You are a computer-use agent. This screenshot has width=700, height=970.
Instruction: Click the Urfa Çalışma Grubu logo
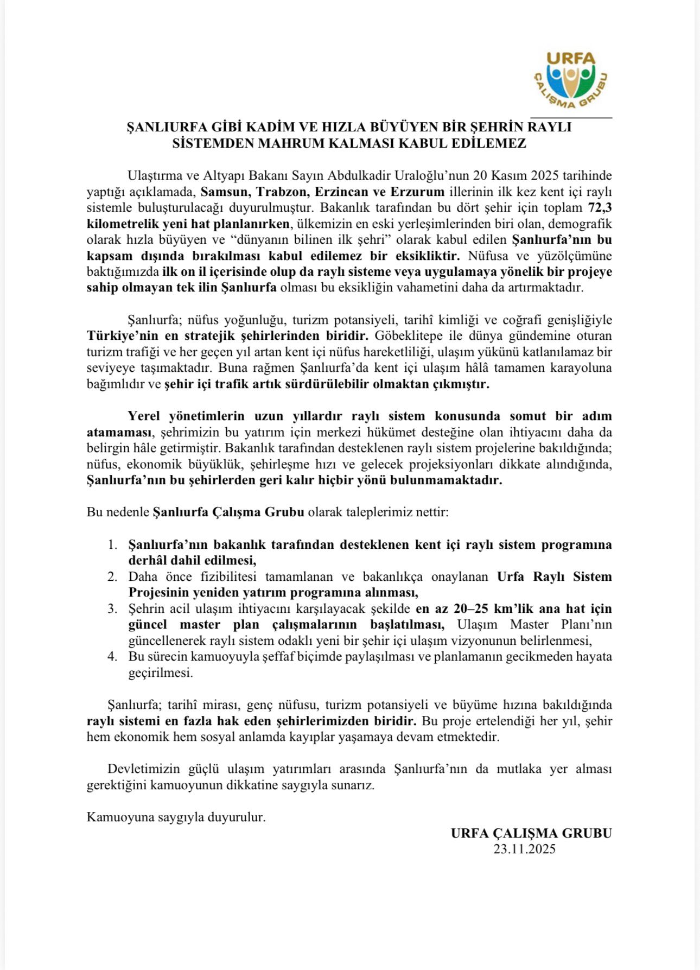[x=571, y=80]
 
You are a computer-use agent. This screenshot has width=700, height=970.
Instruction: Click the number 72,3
[x=600, y=207]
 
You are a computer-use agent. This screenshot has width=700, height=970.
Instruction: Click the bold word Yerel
[x=144, y=416]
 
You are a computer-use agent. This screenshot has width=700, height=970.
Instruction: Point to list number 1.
[x=112, y=544]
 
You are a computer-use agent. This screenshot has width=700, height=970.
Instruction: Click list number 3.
[x=112, y=608]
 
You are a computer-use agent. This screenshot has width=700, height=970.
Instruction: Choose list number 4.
[x=112, y=657]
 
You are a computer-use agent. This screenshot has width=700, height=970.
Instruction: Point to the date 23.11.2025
[x=524, y=849]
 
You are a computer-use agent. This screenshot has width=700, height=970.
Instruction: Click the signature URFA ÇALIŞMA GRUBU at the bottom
[x=531, y=833]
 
